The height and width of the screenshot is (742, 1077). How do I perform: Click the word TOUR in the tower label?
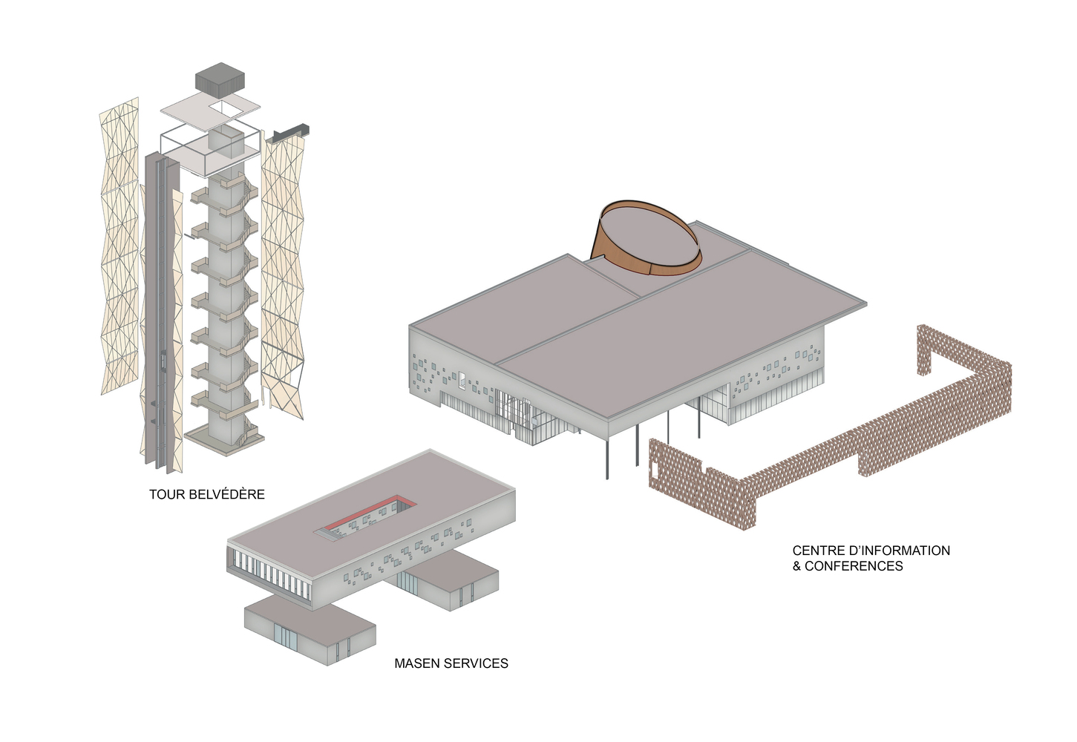point(163,494)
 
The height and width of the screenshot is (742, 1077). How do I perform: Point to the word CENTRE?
point(817,551)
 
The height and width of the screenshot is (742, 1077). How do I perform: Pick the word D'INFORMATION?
point(897,551)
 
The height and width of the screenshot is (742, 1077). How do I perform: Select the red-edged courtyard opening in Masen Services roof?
point(365,519)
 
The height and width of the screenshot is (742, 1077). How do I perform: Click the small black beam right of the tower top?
point(292,133)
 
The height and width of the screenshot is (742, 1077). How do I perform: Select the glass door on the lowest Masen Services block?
point(286,638)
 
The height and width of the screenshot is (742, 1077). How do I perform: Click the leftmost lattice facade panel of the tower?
point(120,246)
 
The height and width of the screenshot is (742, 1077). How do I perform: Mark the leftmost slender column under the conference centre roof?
point(607,459)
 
